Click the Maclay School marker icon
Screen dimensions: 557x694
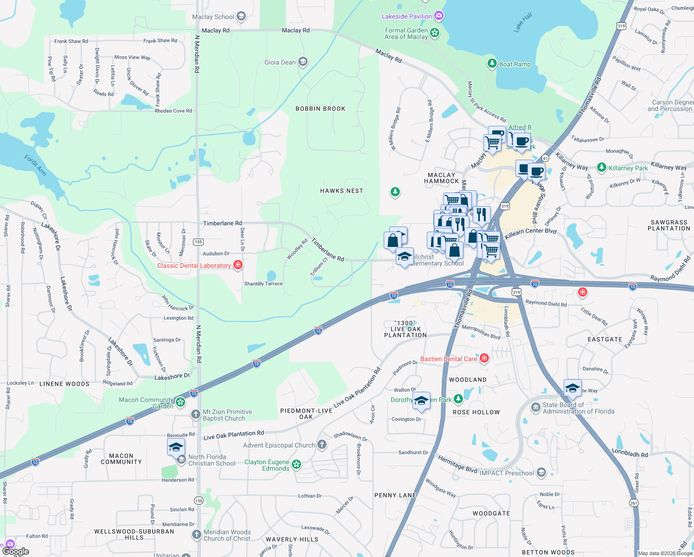[241, 17]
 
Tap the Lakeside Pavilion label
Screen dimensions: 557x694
[406, 16]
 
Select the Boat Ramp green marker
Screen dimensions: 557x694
[492, 64]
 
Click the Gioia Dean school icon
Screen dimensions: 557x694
[303, 62]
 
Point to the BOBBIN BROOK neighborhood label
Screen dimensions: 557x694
[321, 109]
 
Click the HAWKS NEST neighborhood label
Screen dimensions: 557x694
[341, 191]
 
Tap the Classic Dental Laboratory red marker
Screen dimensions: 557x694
[238, 265]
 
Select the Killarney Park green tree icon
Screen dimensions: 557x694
[602, 168]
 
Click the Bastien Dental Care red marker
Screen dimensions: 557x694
[484, 358]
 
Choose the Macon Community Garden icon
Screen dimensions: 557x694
[180, 402]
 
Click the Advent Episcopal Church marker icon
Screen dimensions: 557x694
[322, 445]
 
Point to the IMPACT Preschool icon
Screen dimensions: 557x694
[541, 473]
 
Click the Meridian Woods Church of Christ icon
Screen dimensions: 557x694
[197, 534]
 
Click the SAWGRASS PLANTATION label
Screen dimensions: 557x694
[668, 225]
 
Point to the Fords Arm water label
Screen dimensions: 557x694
[35, 165]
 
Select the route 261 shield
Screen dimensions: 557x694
[634, 503]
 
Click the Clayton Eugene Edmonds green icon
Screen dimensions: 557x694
[296, 464]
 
